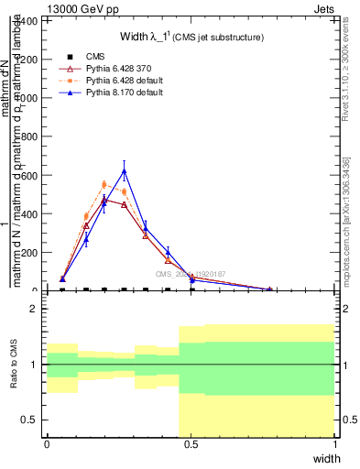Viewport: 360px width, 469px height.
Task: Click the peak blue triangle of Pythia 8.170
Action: pos(124,171)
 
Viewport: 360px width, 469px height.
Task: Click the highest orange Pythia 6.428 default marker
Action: pos(104,184)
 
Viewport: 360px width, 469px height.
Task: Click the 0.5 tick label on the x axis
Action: pos(191,444)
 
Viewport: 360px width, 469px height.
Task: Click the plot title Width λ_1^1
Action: pos(192,37)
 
